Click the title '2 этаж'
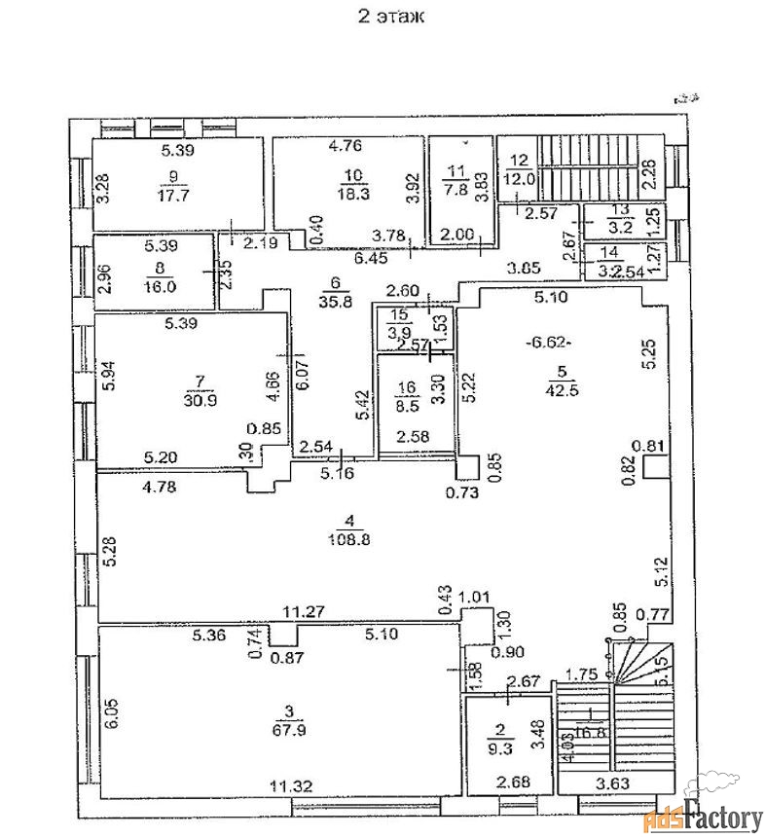(x=390, y=17)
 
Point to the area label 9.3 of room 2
(x=502, y=746)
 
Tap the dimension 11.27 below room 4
(x=303, y=612)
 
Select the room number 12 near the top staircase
(x=518, y=161)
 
